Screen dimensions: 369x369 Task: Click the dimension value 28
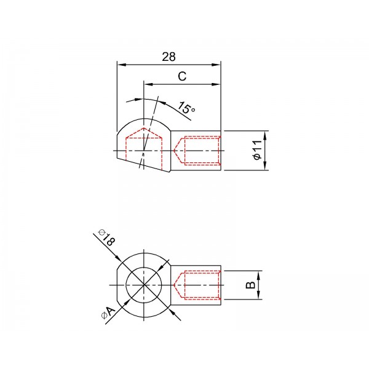[x=169, y=57]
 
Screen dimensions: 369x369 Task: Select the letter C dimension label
[x=182, y=76]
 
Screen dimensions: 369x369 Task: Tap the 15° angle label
[x=186, y=108]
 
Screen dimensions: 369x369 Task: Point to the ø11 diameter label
[x=258, y=150]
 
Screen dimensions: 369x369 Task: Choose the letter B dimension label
[x=250, y=285]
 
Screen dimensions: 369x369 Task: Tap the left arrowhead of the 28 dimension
[x=122, y=65]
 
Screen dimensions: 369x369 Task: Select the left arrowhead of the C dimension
[x=148, y=84]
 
